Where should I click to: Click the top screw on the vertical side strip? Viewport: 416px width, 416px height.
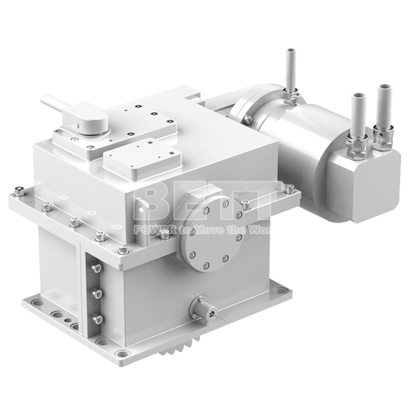(x=97, y=271)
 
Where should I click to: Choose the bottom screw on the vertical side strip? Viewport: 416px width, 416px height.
(x=97, y=319)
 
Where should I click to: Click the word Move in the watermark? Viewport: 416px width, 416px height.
(x=220, y=227)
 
